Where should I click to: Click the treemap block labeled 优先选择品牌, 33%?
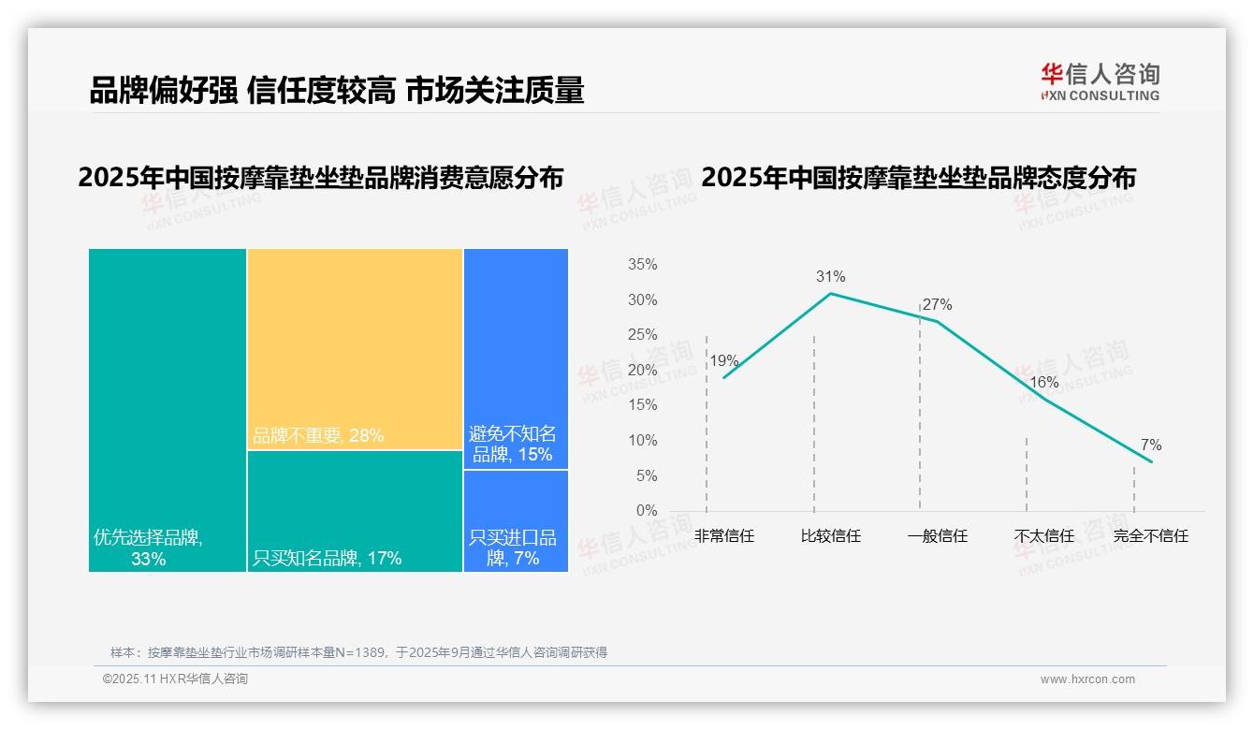pos(168,409)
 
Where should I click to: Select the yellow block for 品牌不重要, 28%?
pos(355,348)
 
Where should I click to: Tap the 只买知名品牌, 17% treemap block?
pos(355,510)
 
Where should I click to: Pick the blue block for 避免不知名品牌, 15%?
pos(516,358)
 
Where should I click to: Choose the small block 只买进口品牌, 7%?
pos(516,520)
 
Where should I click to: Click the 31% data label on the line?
pos(830,276)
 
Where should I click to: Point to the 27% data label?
pos(937,304)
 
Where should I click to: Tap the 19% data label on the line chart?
pos(723,360)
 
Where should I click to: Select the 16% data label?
pos(1043,382)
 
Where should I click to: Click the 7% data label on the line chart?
pos(1150,445)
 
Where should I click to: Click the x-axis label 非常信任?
pos(723,536)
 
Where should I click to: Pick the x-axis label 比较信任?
pos(830,536)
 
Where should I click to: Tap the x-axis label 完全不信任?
pos(1150,536)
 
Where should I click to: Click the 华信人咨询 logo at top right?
pos(1100,81)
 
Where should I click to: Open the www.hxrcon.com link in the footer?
pos(1087,679)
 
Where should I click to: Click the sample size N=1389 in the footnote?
pos(355,652)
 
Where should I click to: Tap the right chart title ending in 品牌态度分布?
pos(918,178)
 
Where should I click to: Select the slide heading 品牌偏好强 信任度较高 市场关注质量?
pos(337,91)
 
